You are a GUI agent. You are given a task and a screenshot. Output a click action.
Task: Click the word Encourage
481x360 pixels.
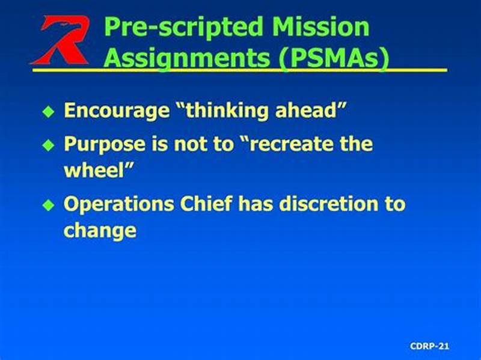click(x=115, y=111)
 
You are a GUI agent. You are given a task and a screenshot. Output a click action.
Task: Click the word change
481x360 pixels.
click(x=100, y=230)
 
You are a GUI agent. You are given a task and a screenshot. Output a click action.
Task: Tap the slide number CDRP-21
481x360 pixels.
click(x=429, y=346)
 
